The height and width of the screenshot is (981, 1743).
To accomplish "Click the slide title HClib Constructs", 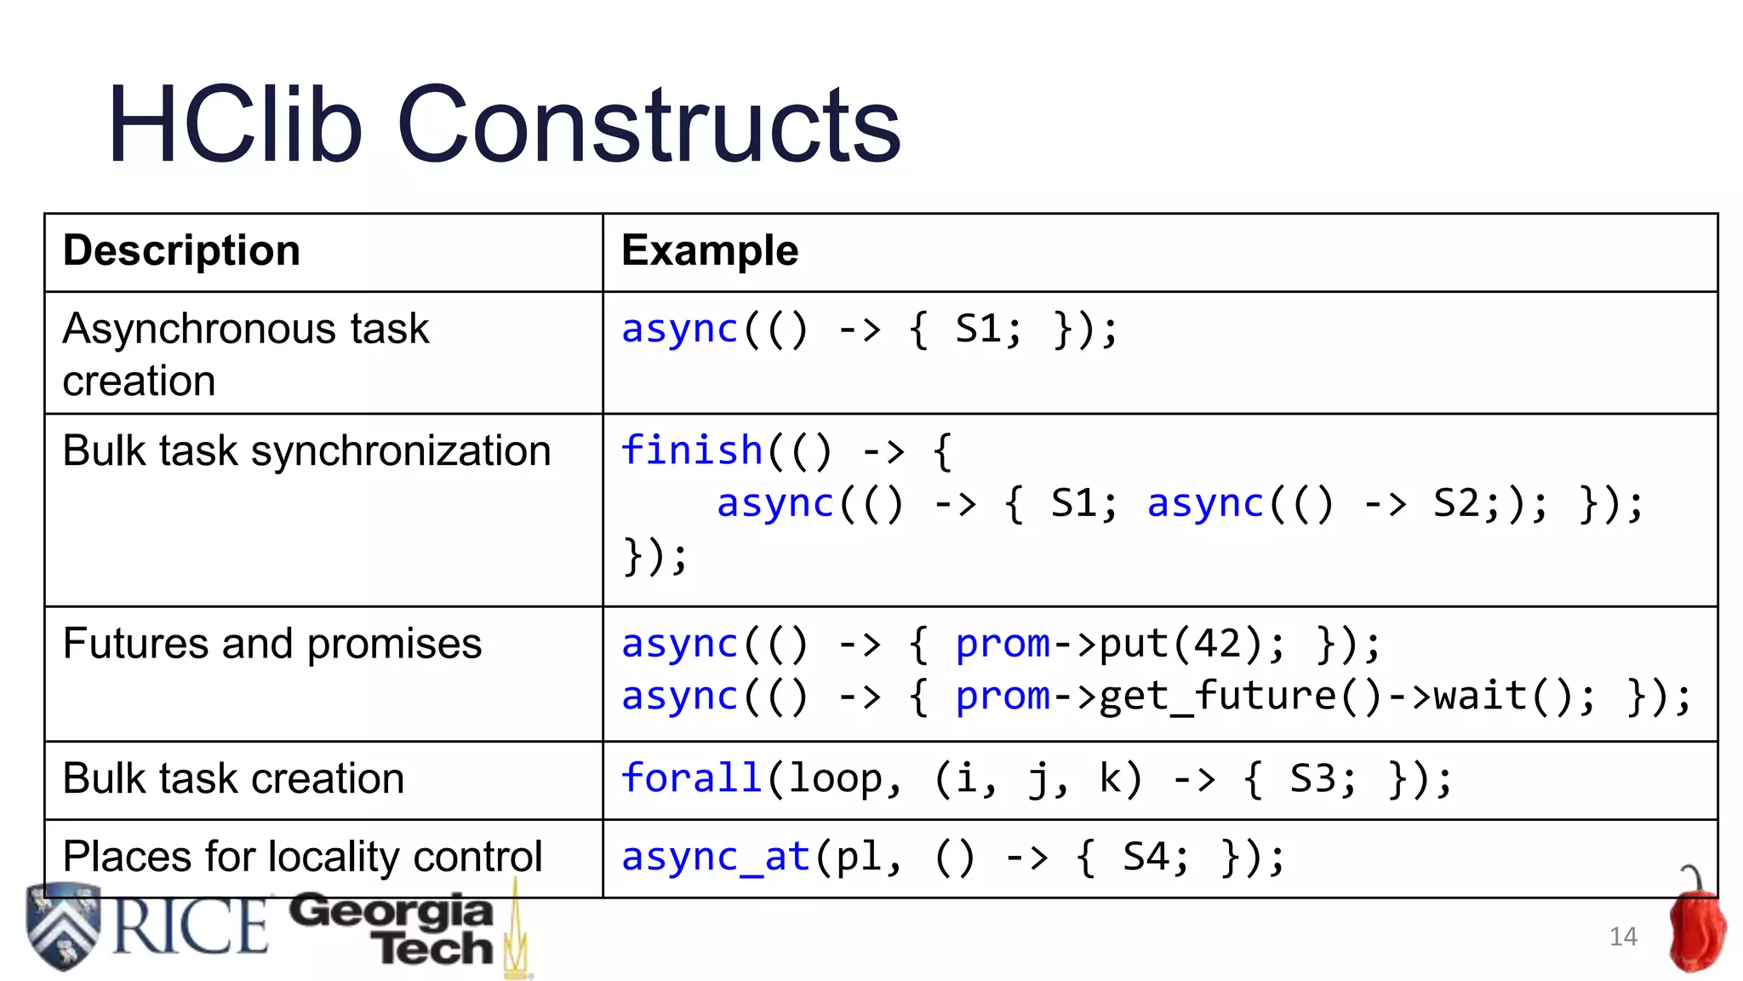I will point(504,125).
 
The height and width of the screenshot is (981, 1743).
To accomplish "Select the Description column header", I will point(181,251).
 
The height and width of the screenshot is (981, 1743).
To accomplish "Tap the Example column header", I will point(710,251).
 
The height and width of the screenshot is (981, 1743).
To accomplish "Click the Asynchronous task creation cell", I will point(245,354).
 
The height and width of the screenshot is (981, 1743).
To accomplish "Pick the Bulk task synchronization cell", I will point(306,451).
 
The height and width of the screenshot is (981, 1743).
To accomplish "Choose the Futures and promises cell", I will point(271,644).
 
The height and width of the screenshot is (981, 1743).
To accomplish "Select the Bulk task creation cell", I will point(233,779).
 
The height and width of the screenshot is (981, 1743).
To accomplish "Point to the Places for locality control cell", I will point(302,857).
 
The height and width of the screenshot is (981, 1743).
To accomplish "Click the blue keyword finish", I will point(691,450).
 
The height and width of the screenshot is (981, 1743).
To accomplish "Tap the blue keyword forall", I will point(691,778).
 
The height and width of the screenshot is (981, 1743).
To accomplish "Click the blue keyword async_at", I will point(715,857).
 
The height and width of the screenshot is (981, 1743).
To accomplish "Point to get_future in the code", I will point(1218,697).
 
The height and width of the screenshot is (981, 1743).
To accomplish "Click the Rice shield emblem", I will point(63,926).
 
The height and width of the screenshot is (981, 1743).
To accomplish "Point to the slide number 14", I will point(1623,937).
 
